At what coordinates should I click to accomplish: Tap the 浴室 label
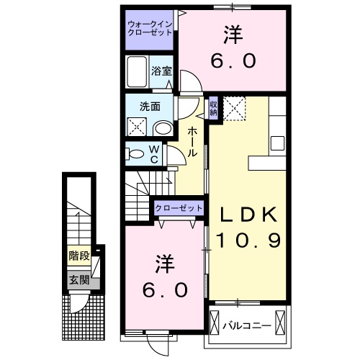click(x=161, y=71)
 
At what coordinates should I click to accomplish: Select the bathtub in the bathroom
click(x=137, y=73)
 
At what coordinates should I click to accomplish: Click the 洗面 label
click(x=150, y=106)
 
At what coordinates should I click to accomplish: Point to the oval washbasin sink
click(x=163, y=129)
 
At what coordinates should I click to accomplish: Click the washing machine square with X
click(x=137, y=127)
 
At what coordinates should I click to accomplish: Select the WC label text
click(x=155, y=154)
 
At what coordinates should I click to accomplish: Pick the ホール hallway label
click(x=194, y=142)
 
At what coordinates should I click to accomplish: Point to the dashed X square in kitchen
click(x=233, y=108)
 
